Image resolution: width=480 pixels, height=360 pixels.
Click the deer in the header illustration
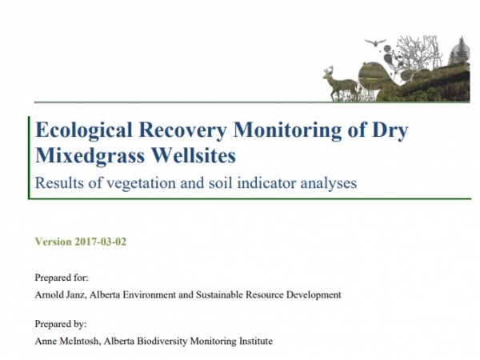point(338,83)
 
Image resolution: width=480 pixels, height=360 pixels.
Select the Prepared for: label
point(62,278)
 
